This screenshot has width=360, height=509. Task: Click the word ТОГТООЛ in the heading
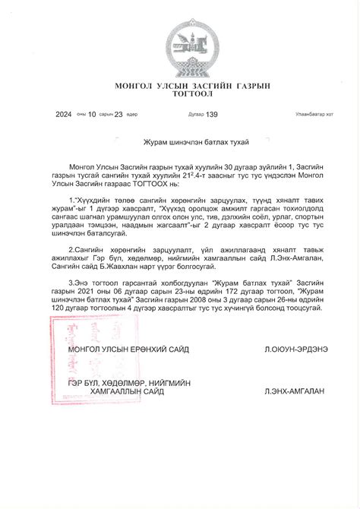[180, 95]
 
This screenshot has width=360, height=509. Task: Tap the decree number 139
[212, 115]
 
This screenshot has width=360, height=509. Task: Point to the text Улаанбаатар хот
[314, 115]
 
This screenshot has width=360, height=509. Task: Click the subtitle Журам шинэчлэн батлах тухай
[179, 142]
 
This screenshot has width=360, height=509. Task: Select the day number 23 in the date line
[118, 115]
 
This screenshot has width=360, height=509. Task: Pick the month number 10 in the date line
[92, 115]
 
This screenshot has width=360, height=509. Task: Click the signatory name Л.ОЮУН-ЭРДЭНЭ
[295, 349]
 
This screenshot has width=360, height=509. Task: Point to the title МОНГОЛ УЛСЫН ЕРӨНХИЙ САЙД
[128, 349]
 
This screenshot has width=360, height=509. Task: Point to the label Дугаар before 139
[196, 115]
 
